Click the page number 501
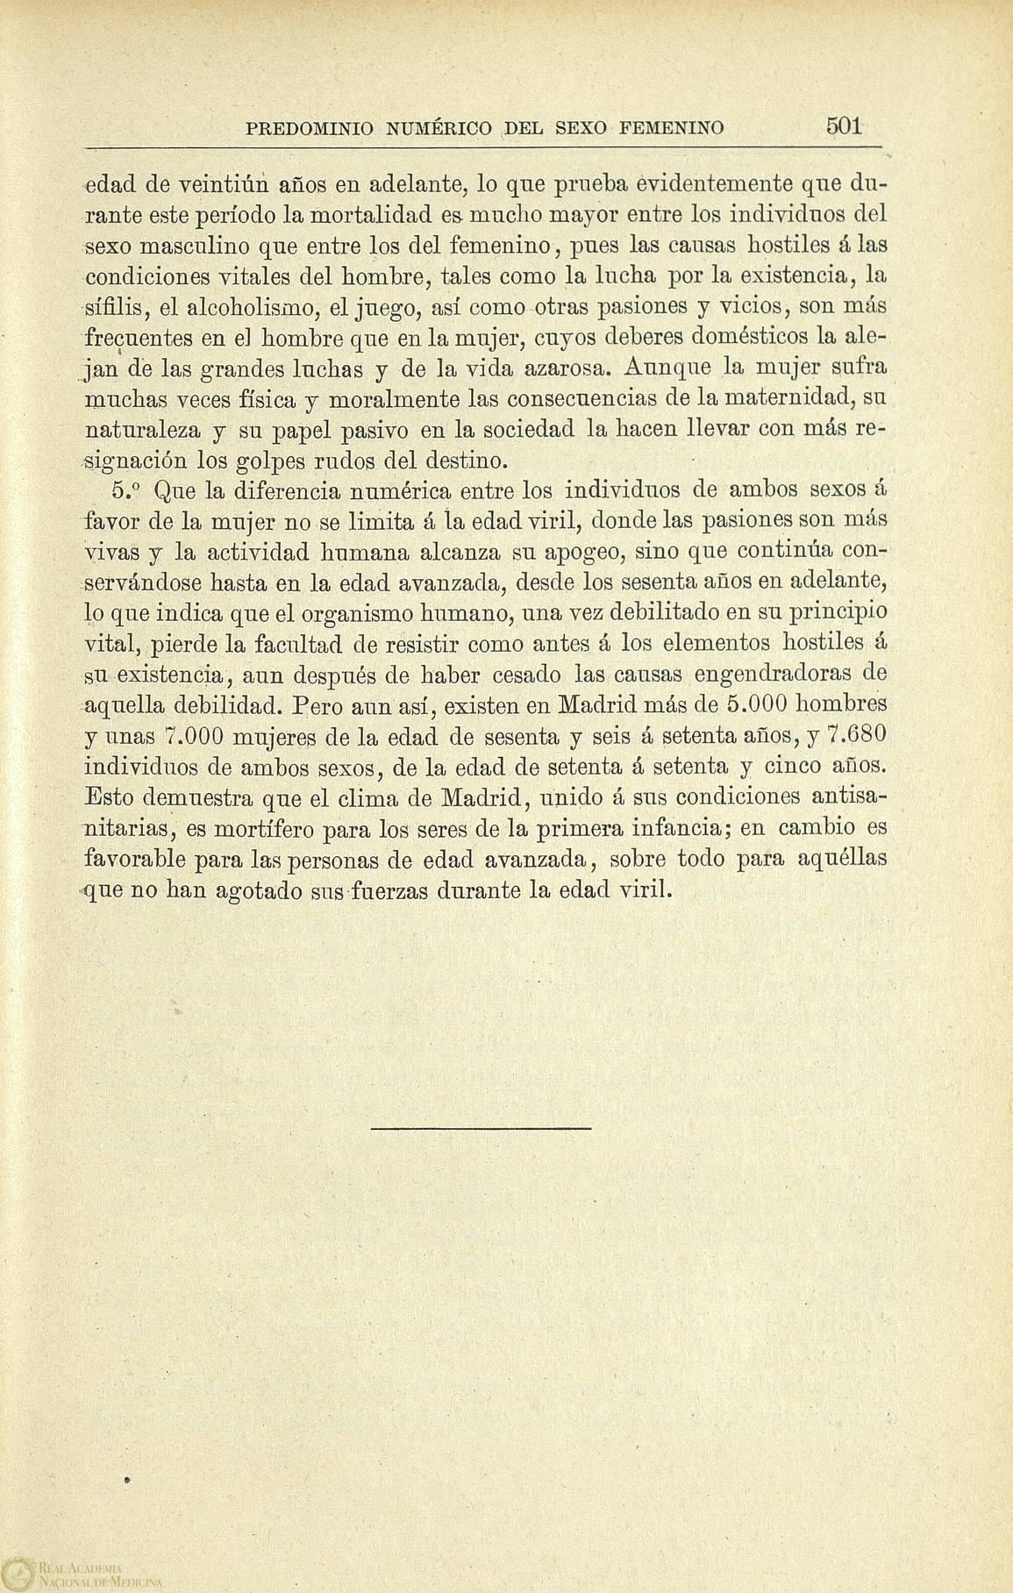point(845,125)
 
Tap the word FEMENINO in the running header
point(672,129)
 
